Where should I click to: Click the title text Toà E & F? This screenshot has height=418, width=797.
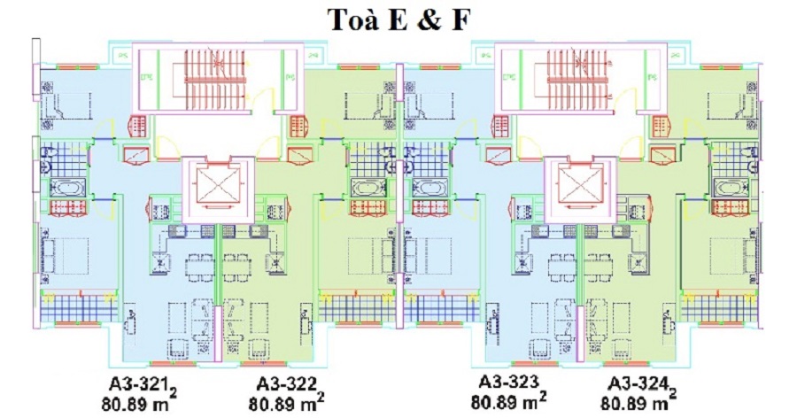[398, 19]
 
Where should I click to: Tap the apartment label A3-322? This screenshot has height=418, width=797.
[285, 383]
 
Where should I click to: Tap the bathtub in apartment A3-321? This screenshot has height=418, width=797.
[66, 189]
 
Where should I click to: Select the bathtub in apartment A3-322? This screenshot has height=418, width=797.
[364, 189]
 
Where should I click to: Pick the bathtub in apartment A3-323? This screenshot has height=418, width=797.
[429, 189]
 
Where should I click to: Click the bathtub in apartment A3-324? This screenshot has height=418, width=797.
[726, 189]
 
